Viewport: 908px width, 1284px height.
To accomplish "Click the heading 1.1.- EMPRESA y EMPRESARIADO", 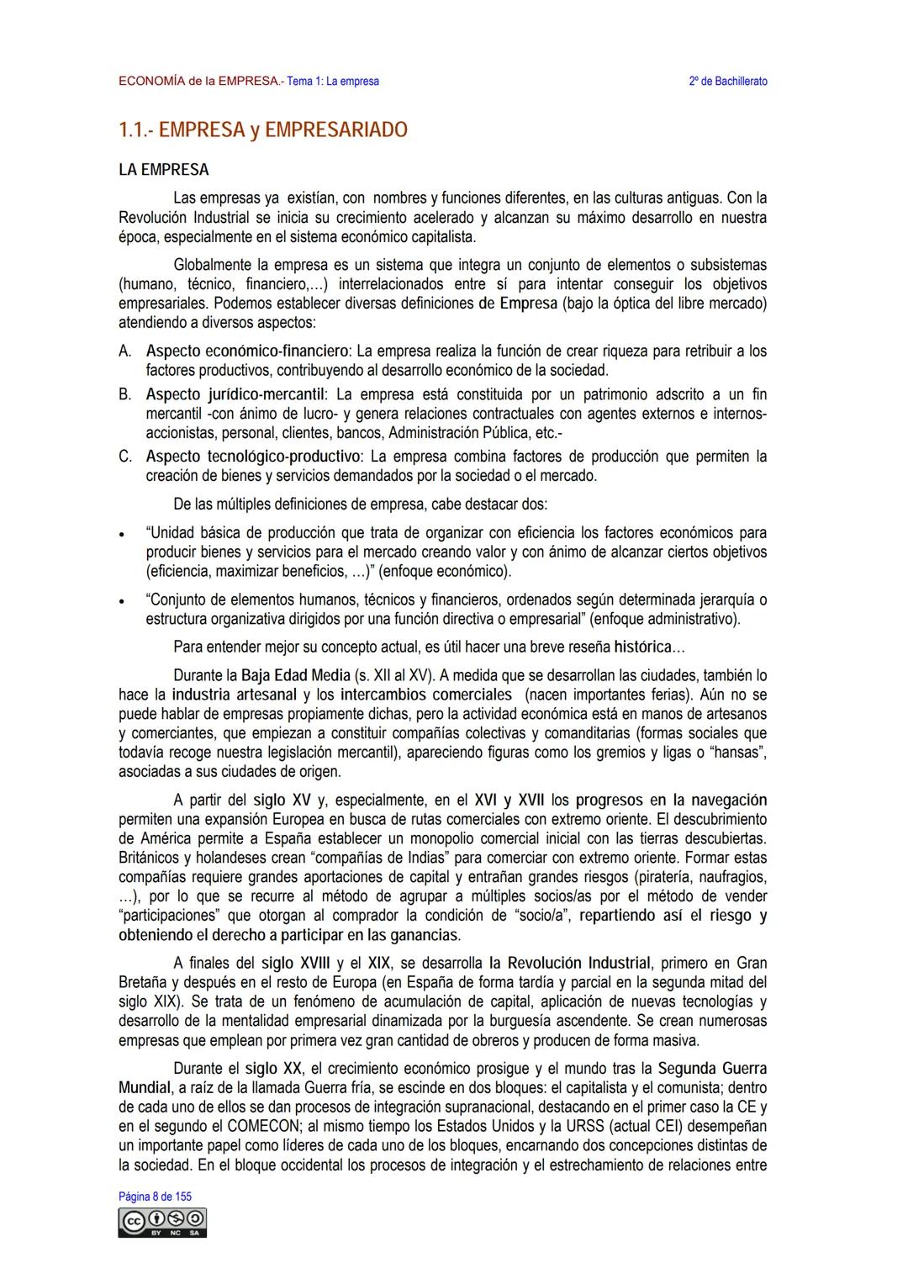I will pyautogui.click(x=262, y=130).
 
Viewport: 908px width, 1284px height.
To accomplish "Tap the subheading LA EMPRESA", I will pyautogui.click(x=164, y=170).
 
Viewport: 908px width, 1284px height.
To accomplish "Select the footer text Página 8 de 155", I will pyautogui.click(x=155, y=1196).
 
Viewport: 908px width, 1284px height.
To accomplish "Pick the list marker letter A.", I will pyautogui.click(x=124, y=351).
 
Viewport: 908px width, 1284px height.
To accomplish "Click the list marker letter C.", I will pyautogui.click(x=124, y=457).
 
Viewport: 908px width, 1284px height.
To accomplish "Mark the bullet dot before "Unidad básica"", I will pyautogui.click(x=123, y=534).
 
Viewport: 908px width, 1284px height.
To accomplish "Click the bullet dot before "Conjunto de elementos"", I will pyautogui.click(x=123, y=602).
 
